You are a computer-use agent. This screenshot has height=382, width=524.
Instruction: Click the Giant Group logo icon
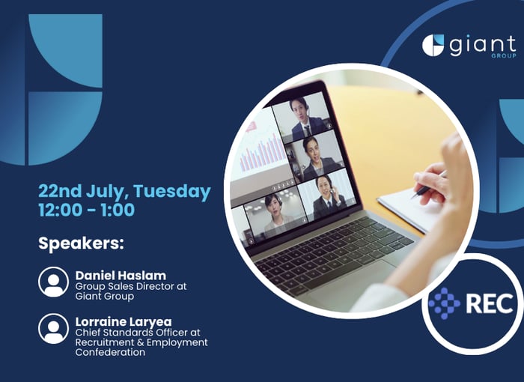(433, 45)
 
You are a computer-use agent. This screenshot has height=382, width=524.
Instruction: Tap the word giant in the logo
(483, 45)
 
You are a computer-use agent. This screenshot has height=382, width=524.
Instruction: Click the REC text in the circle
(490, 303)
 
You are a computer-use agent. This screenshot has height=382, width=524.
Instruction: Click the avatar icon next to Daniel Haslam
(53, 282)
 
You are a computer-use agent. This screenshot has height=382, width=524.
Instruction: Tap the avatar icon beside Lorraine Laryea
(53, 329)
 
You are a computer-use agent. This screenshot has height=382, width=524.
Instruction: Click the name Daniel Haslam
(121, 276)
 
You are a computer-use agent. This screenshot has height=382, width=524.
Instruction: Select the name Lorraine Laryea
(124, 322)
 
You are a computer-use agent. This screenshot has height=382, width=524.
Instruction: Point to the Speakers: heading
(81, 243)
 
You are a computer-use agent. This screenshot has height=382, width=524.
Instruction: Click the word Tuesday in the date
(172, 191)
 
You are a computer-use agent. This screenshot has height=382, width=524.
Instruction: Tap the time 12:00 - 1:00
(87, 210)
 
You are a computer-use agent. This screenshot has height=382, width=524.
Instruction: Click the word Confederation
(110, 352)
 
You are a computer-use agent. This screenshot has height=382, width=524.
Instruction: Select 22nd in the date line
(60, 191)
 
